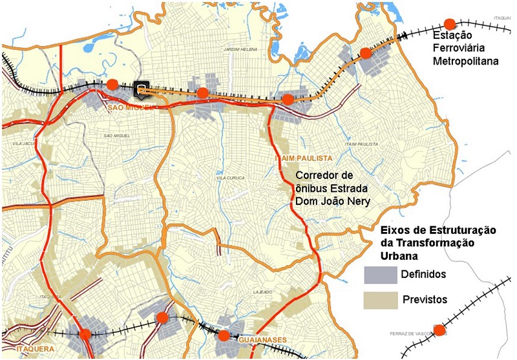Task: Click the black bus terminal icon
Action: [x=141, y=89]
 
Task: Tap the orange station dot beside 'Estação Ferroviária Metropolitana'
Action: [x=448, y=23]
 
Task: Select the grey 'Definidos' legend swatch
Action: [x=381, y=275]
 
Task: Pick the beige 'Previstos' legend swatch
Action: [x=381, y=299]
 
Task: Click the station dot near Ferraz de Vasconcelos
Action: [x=439, y=330]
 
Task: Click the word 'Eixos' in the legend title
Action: [x=393, y=229]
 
